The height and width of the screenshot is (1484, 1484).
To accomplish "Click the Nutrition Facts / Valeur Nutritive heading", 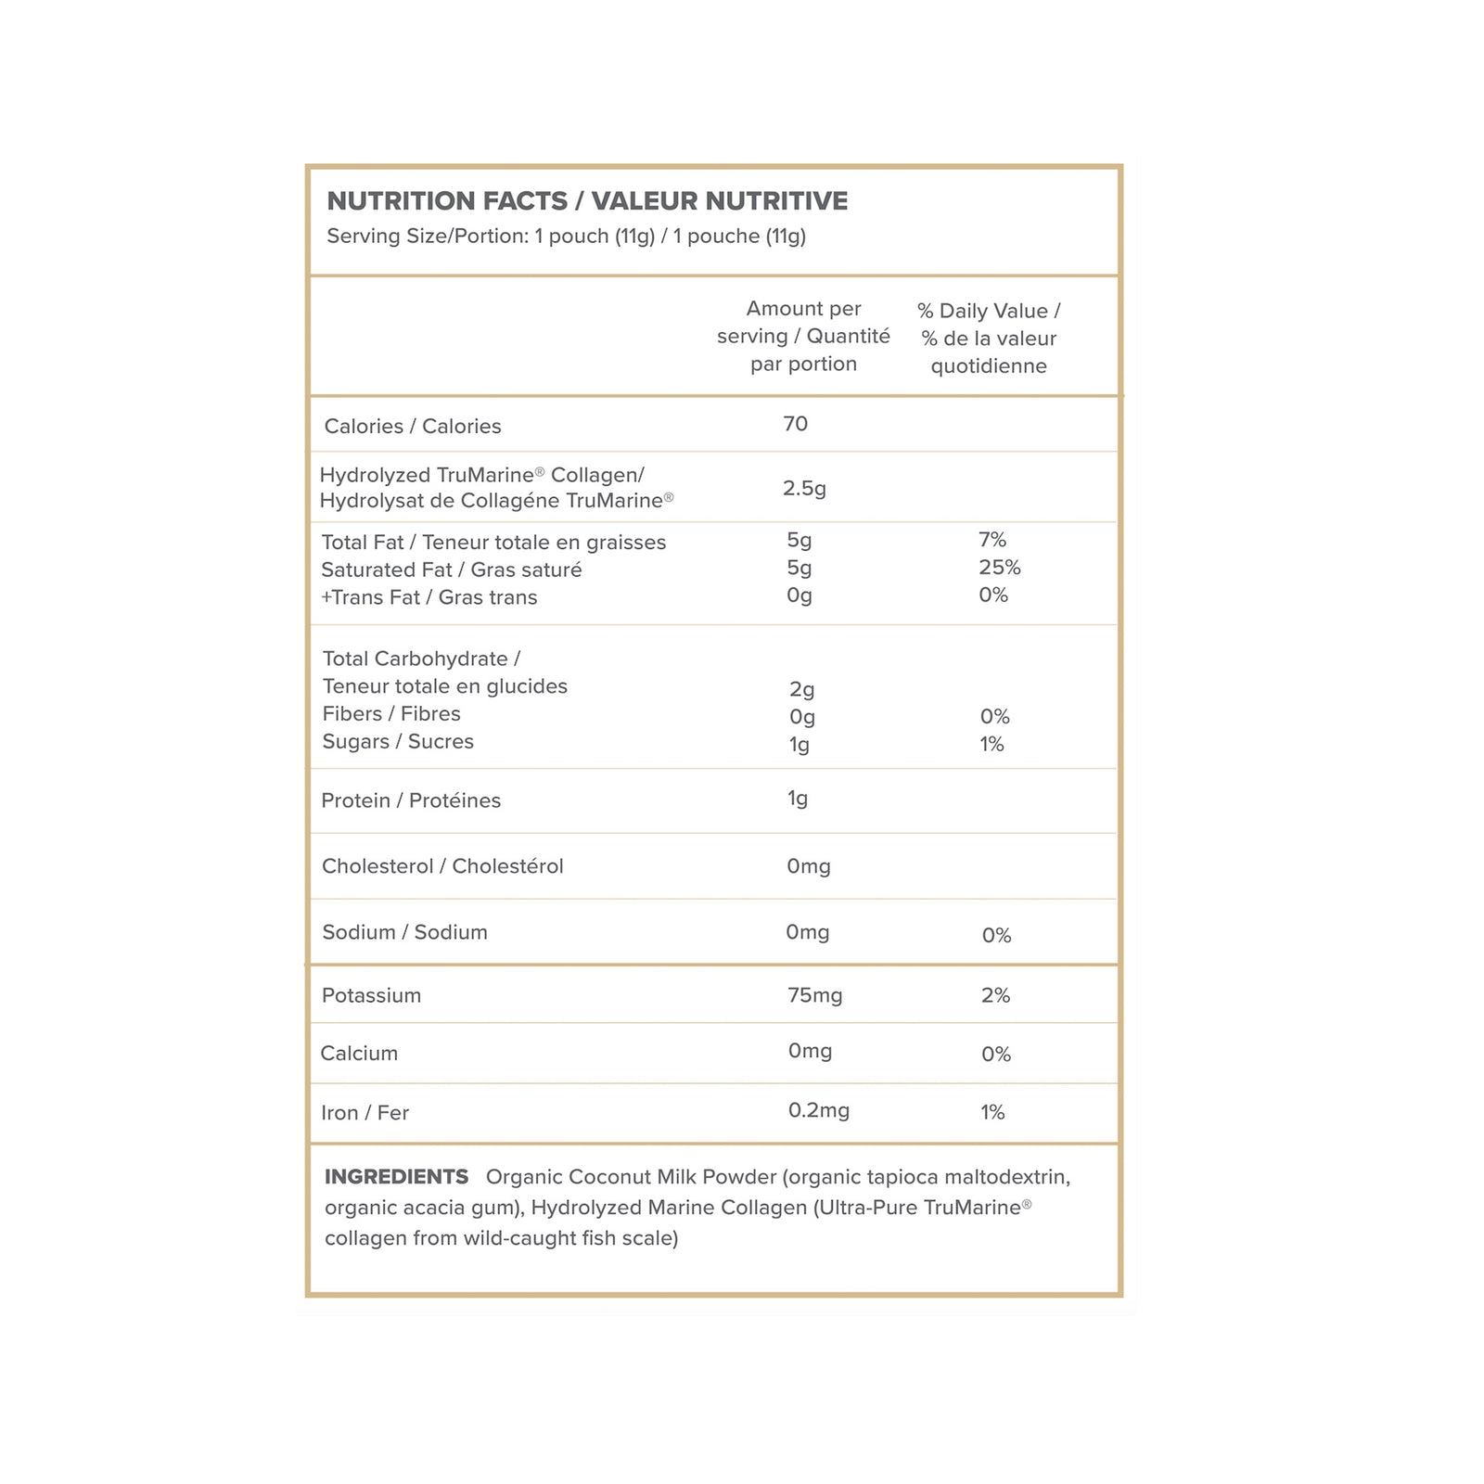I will tap(587, 201).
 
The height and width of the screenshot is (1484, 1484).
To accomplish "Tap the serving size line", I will tap(566, 237).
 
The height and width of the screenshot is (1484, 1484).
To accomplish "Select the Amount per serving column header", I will tap(803, 336).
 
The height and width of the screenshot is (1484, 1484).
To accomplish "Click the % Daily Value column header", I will tap(989, 339).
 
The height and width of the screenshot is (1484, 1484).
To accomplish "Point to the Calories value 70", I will tap(795, 424).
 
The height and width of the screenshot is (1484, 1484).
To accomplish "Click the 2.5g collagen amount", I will tap(804, 488).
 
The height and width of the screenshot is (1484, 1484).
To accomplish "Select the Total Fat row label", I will tap(493, 543).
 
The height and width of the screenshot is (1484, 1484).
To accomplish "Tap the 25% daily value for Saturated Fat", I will tap(999, 568).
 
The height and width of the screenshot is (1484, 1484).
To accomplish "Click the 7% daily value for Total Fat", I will tap(991, 540).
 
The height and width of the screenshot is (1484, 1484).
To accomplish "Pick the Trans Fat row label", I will tap(429, 597).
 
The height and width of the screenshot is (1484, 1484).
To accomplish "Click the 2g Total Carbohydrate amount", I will tap(801, 689).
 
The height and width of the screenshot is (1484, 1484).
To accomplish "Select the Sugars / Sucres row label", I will tap(398, 742).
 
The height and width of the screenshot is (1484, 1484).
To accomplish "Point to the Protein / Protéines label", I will tap(411, 800).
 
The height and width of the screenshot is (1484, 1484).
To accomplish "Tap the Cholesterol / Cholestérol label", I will tap(442, 866).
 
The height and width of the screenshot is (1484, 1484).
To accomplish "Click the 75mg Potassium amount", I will tap(814, 995).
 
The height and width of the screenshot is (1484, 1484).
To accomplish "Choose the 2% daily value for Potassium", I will tap(995, 995).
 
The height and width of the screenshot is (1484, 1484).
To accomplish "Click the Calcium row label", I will tap(359, 1054).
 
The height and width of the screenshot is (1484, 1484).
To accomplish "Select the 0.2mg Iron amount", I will tap(818, 1110).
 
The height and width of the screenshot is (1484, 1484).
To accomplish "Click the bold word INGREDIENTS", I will tap(396, 1177).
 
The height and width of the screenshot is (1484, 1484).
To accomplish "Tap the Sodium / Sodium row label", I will tap(404, 932).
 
